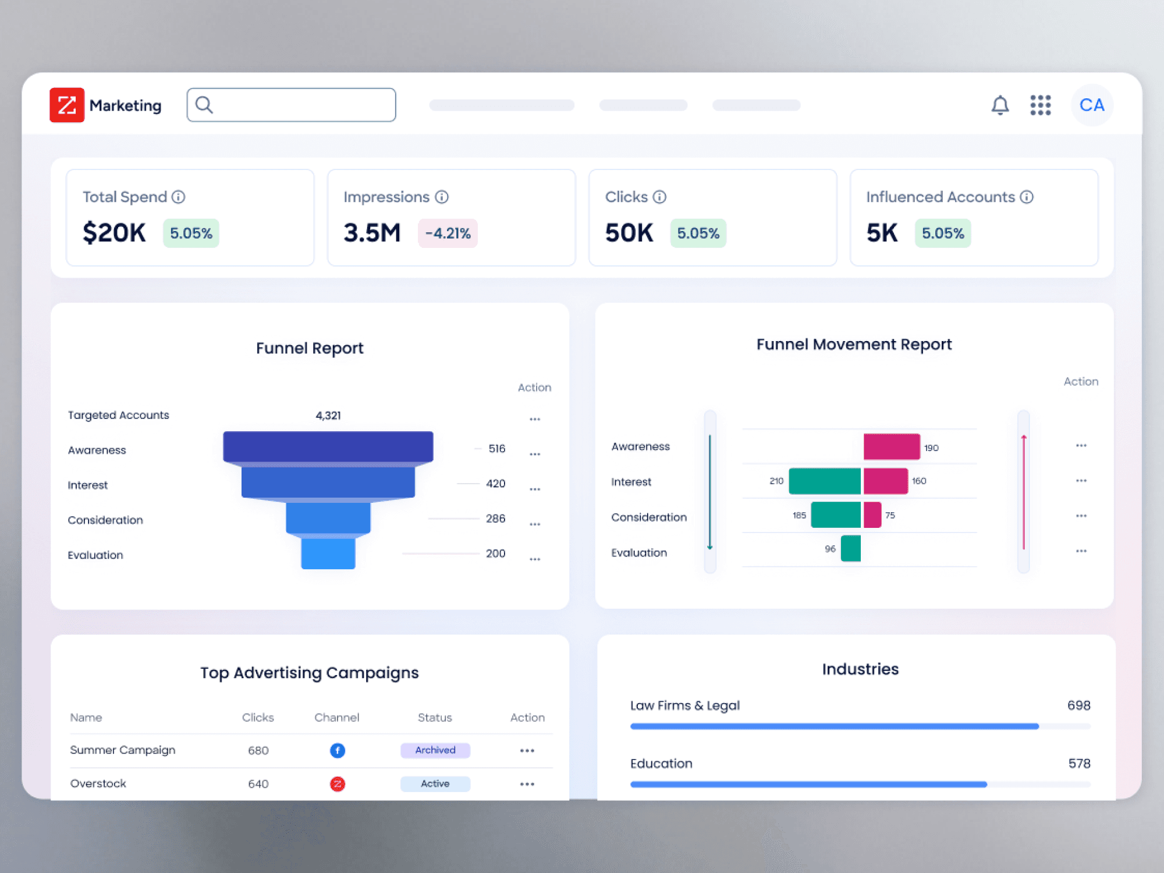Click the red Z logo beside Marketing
tap(67, 105)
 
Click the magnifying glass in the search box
tap(204, 105)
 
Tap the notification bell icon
tap(1000, 105)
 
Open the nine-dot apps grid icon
tap(1040, 105)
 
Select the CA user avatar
tap(1092, 105)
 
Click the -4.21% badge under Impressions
tap(448, 233)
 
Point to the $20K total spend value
tap(114, 233)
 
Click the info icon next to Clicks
tap(659, 197)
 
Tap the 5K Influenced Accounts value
tap(882, 233)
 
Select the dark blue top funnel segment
tap(328, 447)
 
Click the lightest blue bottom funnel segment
tap(328, 553)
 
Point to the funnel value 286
tap(495, 519)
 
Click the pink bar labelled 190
tap(892, 446)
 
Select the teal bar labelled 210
tap(825, 481)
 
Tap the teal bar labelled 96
tap(851, 549)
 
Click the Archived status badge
tap(435, 750)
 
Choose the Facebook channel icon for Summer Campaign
tap(338, 751)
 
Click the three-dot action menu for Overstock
tap(527, 784)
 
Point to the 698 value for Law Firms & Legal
tap(1078, 705)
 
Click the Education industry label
tap(661, 764)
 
